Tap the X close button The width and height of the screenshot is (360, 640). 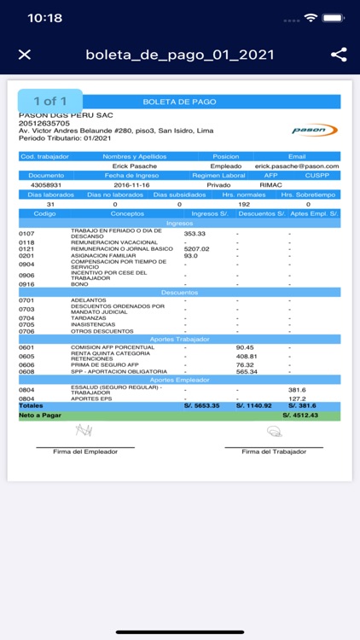coord(25,55)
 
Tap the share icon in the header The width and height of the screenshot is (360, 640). coord(339,55)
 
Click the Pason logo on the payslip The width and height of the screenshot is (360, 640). coord(315,130)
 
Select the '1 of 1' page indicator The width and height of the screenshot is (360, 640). coord(50,102)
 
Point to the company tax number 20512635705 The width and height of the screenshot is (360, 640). coord(44,123)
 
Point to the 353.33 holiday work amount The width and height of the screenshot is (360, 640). coord(195,233)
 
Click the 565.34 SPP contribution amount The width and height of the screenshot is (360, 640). coord(247,371)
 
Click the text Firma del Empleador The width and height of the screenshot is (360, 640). coord(84,451)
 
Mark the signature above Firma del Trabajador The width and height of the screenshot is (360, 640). coord(274,432)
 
